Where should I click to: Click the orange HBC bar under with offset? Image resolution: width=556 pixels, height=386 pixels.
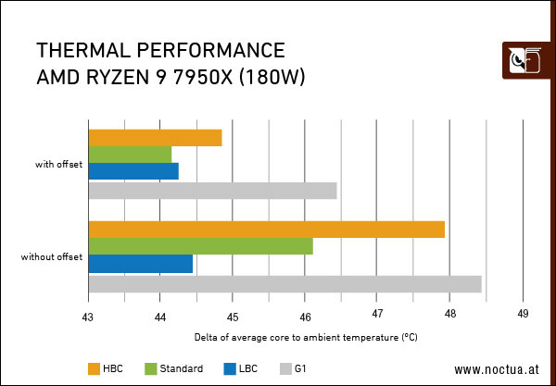tap(155, 138)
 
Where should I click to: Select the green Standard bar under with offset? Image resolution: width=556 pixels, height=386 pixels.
tap(130, 155)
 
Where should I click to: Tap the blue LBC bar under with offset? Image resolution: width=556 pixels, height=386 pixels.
tap(133, 171)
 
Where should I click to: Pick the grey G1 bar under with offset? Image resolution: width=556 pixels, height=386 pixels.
tap(212, 191)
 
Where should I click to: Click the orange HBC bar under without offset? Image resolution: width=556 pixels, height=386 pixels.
tap(266, 230)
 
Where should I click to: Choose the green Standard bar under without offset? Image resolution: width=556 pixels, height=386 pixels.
tap(200, 246)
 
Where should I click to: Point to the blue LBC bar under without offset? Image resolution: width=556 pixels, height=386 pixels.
tap(140, 264)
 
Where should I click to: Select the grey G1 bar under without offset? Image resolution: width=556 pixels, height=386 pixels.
tap(284, 283)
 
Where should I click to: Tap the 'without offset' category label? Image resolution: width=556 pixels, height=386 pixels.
tap(52, 256)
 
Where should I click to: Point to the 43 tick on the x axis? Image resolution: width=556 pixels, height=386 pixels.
tap(88, 313)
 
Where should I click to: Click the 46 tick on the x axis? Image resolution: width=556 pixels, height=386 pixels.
tap(305, 313)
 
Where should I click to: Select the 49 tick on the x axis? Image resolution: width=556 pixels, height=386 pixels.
tap(523, 313)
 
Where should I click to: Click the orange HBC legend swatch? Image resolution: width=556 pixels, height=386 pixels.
tap(95, 368)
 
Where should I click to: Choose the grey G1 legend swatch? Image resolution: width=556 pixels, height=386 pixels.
tap(286, 368)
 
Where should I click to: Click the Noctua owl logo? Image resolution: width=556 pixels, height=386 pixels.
tap(521, 61)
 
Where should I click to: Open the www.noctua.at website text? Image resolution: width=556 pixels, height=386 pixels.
tap(497, 369)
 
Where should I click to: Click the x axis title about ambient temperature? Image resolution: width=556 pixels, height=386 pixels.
tap(306, 338)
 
